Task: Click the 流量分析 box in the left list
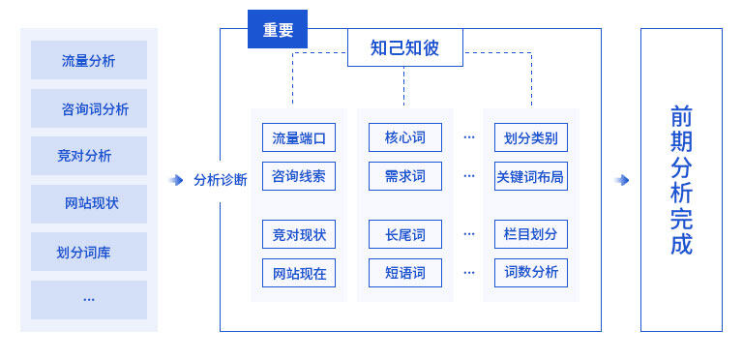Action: [89, 60]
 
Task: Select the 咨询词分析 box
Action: [89, 108]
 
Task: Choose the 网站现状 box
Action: [89, 204]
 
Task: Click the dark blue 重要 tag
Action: [278, 29]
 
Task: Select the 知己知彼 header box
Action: [404, 47]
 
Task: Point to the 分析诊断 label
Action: [220, 180]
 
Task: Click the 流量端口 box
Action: [299, 137]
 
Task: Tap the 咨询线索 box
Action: [299, 176]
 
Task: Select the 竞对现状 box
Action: [299, 234]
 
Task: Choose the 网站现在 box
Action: [299, 273]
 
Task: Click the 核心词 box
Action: [405, 137]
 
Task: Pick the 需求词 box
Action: [405, 176]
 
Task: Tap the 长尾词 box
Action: [405, 234]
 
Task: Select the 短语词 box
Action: [405, 273]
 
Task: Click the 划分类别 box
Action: [530, 137]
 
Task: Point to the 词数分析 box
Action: [530, 273]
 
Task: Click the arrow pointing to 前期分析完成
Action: [621, 180]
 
